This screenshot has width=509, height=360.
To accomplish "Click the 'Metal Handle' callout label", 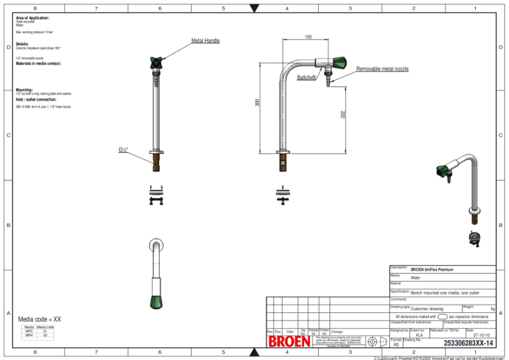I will point(206,41).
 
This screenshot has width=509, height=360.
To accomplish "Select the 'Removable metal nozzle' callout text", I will point(382,69).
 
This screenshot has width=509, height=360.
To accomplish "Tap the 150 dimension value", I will point(308,38).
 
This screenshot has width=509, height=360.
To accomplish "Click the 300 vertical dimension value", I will point(258,102).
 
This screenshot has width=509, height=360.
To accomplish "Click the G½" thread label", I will point(123,150).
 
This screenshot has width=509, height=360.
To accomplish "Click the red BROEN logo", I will point(289,342).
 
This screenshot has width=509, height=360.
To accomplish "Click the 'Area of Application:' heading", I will point(32,18).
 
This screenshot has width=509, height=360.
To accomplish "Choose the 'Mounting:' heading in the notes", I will point(24,90).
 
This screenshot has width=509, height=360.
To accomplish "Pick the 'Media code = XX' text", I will point(39,319).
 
